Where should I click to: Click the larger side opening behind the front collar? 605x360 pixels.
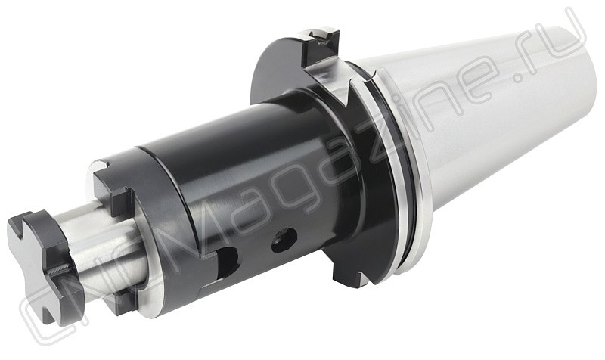[227, 262]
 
